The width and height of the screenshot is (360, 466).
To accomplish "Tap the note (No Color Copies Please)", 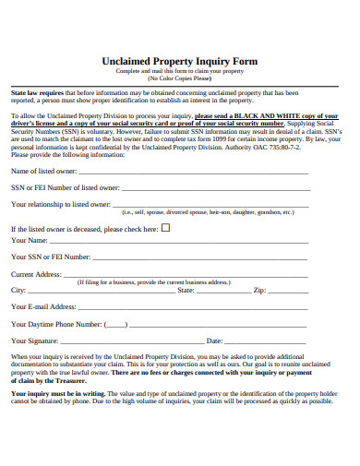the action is point(180,78).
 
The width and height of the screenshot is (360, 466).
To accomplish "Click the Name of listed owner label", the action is point(43,171).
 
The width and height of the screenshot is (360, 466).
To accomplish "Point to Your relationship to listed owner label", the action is point(61,204).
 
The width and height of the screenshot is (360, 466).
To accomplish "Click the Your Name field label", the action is point(29,241).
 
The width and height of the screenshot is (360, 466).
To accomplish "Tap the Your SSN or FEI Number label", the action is point(51,257).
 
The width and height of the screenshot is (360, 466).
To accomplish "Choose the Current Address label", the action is point(36,274).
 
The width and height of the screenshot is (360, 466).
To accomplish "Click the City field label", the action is point(18,290).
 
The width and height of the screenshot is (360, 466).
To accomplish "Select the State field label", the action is point(186,290).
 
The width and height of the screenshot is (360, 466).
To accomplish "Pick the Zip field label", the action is point(259,290).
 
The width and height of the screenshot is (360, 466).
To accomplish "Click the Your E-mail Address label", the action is point(43,306).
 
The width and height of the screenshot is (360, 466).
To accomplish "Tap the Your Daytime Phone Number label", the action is point(55,324).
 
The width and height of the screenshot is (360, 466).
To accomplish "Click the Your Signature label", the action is point(35,341).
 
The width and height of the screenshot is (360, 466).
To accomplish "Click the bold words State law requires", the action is point(37,93).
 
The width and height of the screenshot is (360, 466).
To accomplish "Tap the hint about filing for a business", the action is point(154,281).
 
